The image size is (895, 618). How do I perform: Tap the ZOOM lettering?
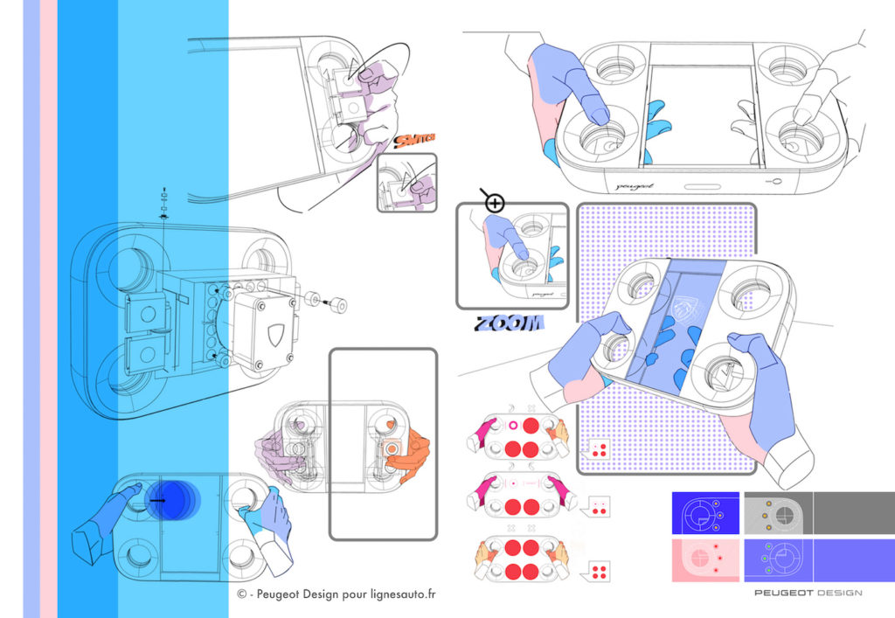coord(509,323)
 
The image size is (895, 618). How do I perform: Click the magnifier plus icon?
coord(495,204)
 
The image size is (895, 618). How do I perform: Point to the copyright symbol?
coord(241,594)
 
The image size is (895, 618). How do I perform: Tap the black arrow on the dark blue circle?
coord(158,501)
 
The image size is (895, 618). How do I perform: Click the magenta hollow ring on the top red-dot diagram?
coord(514,426)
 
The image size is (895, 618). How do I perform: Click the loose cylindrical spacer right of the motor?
coord(336,305)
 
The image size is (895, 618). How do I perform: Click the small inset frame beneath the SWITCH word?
coord(406,183)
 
